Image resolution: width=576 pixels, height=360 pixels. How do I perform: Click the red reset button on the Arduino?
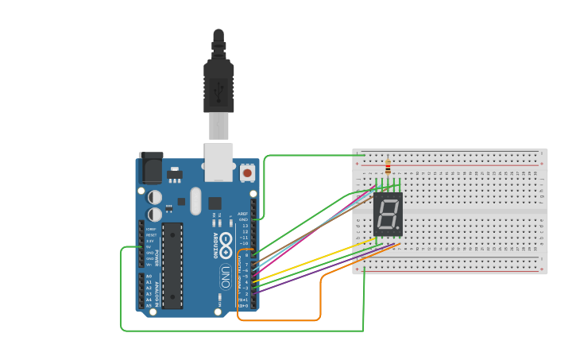pyautogui.click(x=247, y=172)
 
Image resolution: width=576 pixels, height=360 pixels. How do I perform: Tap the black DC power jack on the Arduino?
pyautogui.click(x=151, y=168)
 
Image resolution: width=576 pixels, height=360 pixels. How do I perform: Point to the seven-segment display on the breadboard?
pyautogui.click(x=388, y=214)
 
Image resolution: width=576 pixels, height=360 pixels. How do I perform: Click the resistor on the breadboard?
pyautogui.click(x=388, y=168)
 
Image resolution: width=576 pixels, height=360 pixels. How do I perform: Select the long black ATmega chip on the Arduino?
pyautogui.click(x=173, y=265)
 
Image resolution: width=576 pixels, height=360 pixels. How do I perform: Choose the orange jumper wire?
pyautogui.click(x=320, y=298)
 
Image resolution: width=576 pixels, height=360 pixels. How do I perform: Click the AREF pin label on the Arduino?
pyautogui.click(x=243, y=214)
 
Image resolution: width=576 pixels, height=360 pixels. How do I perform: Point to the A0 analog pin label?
pyautogui.click(x=148, y=276)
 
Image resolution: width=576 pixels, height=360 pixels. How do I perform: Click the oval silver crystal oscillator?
pyautogui.click(x=195, y=201)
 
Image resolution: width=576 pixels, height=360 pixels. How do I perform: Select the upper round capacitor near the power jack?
pyautogui.click(x=155, y=196)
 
